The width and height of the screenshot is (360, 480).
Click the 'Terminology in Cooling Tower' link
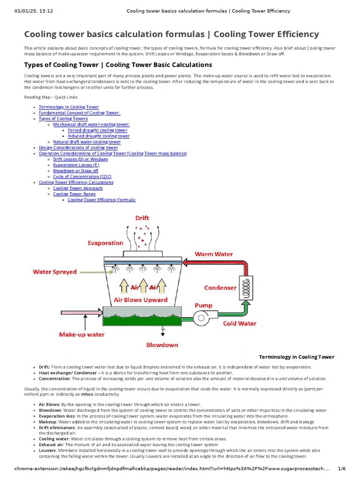point(68,107)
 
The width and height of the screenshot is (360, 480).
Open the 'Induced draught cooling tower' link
point(98,136)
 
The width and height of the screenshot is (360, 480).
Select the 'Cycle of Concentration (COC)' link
point(79,177)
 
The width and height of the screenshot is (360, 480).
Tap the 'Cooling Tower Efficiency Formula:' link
point(101,200)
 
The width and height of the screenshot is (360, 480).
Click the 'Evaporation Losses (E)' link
point(76,165)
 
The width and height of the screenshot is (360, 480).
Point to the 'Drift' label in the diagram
point(142,218)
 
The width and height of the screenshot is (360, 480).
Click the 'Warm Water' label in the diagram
point(214,254)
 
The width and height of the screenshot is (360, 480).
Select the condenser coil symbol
point(245,287)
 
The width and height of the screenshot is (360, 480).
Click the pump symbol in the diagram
point(203,318)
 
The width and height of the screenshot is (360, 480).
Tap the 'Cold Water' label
point(240,323)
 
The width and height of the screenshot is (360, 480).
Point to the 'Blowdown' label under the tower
point(162,345)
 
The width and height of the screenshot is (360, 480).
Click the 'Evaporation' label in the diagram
point(105,243)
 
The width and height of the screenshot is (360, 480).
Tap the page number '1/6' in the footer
point(341,469)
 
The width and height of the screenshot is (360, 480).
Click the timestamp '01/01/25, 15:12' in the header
point(33,11)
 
